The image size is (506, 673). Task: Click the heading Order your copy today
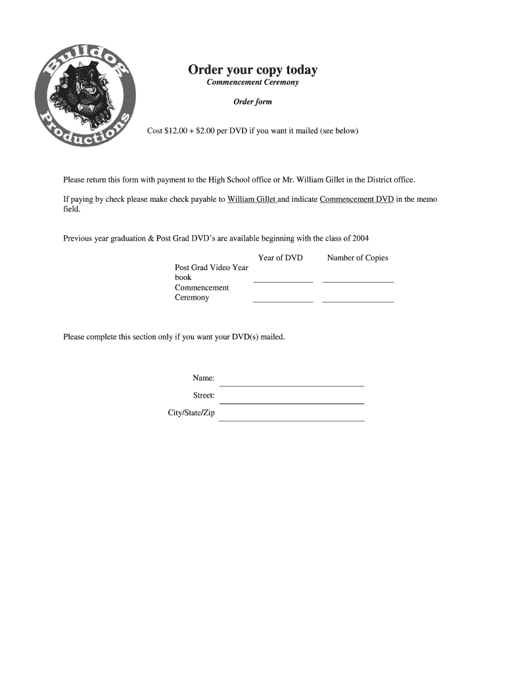[252, 70]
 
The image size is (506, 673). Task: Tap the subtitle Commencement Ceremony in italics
[252, 82]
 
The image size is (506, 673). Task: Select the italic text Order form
[252, 102]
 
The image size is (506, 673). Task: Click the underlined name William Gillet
[252, 198]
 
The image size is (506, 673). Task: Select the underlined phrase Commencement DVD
[356, 198]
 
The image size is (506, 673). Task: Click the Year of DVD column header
[281, 258]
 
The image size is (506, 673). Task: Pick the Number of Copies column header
[357, 258]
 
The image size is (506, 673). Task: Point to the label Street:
[204, 396]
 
